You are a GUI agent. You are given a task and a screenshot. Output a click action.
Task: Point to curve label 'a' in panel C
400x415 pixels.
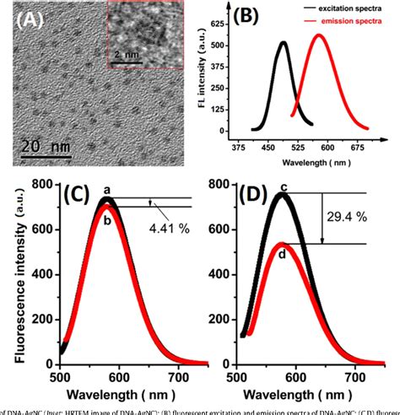106,191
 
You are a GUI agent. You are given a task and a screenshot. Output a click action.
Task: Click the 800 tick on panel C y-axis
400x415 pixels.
41,183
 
